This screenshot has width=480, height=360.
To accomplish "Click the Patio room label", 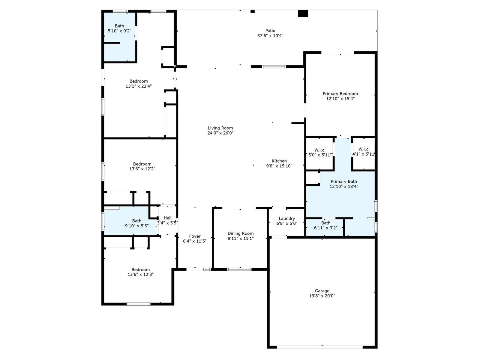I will tap(270, 31).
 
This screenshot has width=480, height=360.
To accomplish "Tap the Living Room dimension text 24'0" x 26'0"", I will tap(220, 133).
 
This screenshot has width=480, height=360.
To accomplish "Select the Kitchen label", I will tap(279, 161).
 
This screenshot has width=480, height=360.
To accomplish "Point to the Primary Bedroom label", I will tap(340, 94).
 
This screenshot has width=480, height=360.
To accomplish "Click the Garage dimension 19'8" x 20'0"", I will tap(322, 296).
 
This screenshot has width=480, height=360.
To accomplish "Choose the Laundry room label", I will tap(286, 218).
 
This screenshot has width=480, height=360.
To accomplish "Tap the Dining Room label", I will tap(240, 233).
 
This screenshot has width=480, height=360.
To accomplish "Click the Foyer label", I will tap(195, 236).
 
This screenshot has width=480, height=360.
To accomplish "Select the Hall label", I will tap(167, 218).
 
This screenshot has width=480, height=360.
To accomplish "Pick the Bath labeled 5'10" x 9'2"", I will tap(119, 26).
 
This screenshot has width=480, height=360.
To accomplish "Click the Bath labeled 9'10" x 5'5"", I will tap(136, 221).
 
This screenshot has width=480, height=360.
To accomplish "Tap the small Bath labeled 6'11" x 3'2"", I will tap(325, 223).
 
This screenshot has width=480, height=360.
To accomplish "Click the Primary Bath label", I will tap(344, 181).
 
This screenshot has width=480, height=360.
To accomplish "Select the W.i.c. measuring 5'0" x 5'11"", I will tap(320, 150).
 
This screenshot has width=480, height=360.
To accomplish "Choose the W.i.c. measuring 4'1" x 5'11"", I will tap(364, 149).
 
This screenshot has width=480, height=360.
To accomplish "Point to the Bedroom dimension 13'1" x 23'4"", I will tap(139, 86).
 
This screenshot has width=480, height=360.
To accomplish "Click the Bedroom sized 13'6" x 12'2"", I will tap(142, 164).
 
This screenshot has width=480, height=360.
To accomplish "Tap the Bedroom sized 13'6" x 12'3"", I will tap(140, 270).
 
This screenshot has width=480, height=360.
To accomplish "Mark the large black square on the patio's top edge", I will tap(303, 13).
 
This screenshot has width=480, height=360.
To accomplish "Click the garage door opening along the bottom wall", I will tap(320, 347).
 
